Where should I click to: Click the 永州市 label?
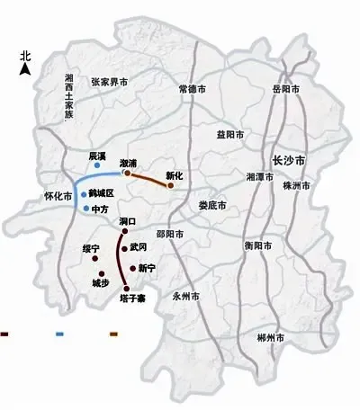[186, 296]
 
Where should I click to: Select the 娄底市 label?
[212, 205]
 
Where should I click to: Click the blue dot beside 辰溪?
[97, 166]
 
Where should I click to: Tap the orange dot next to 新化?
[170, 185]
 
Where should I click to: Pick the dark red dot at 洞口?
[126, 230]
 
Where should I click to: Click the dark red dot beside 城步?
[101, 272]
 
